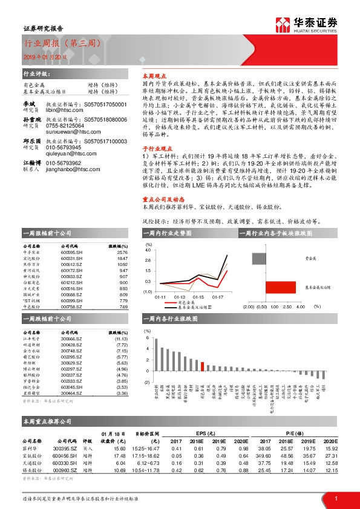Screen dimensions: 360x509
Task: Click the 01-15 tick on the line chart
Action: pos(199,297)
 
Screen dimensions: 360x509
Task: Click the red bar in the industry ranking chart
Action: pos(203,366)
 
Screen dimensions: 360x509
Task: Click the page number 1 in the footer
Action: pos(336,498)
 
